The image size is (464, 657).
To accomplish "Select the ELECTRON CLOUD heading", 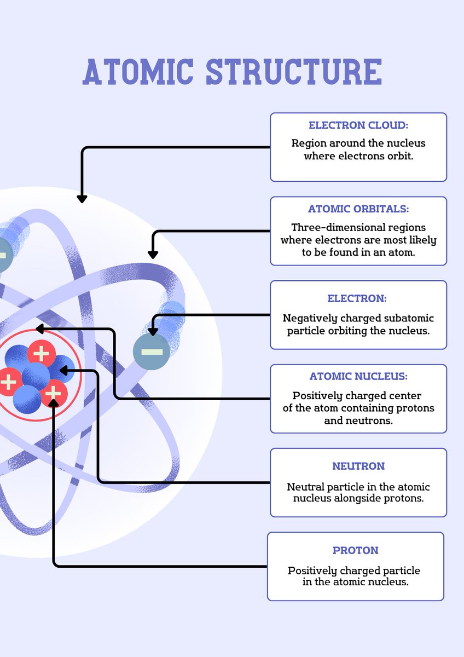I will pos(358,125).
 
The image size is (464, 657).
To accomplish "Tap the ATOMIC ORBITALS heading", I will pos(358,209).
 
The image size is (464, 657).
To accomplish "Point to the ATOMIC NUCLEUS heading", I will pos(358,377).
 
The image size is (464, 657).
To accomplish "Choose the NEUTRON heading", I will pos(358,466).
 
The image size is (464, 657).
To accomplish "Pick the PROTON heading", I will pos(355,550).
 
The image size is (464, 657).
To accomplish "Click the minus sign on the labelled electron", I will pos(152,351).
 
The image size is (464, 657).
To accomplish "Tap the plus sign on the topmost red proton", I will pos(41,354).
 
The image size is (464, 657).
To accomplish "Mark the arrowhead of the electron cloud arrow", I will pos(82,199).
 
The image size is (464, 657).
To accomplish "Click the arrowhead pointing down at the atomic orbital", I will pos(153,254).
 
